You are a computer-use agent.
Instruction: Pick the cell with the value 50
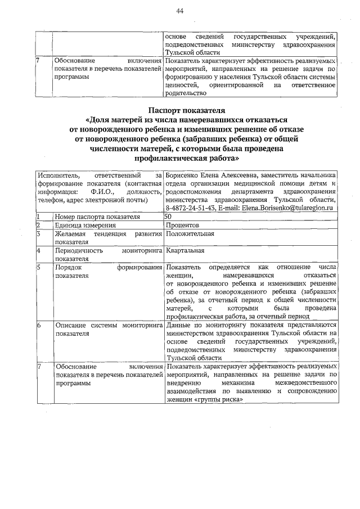pyautogui.click(x=169, y=217)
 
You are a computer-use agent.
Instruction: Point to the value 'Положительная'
pyautogui.click(x=190, y=233)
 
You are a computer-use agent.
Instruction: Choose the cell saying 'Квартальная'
pyautogui.click(x=184, y=250)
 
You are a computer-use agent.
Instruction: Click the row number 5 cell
pyautogui.click(x=38, y=267)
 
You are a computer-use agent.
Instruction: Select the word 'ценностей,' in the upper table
pyautogui.click(x=183, y=85)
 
